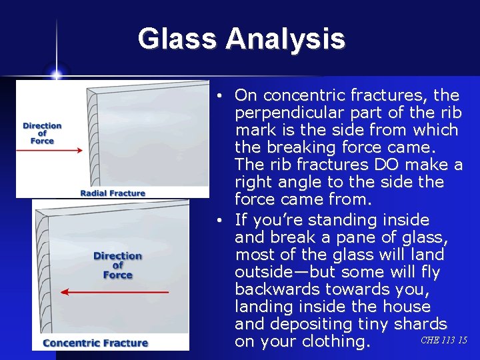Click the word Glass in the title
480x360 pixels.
[x=178, y=39]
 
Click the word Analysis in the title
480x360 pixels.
[x=285, y=39]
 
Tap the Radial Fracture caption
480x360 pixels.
[x=113, y=193]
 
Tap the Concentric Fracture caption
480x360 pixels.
[x=95, y=343]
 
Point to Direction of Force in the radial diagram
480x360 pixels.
[x=42, y=133]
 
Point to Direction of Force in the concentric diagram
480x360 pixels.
[x=117, y=265]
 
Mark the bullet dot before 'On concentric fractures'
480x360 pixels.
[x=219, y=96]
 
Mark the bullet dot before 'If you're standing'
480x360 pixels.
[x=219, y=221]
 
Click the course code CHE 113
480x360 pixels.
[x=437, y=341]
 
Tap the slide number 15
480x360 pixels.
[x=463, y=341]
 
